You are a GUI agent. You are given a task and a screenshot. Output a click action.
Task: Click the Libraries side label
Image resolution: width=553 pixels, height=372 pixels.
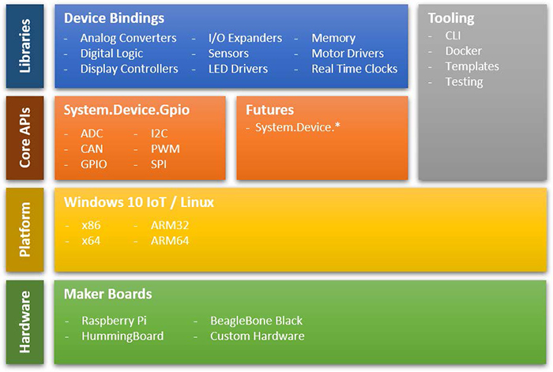24,47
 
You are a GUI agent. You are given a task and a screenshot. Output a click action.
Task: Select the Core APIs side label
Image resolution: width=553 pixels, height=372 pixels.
24,139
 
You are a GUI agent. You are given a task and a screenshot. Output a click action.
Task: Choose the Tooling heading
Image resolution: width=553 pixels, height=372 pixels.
450,17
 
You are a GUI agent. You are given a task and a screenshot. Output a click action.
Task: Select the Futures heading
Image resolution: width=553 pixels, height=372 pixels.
269,110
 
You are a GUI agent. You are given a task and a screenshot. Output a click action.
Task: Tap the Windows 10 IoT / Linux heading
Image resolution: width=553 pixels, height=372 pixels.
138,202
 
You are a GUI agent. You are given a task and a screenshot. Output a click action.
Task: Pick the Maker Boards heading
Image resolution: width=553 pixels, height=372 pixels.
107,294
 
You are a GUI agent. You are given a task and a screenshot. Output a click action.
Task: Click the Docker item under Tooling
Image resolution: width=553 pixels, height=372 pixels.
463,51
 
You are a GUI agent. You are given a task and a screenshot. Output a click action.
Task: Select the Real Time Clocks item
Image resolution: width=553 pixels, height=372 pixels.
355,69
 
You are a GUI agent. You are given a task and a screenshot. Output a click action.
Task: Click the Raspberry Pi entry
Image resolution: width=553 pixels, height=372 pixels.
114,321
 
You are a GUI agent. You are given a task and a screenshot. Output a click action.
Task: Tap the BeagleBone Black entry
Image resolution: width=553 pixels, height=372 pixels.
256,321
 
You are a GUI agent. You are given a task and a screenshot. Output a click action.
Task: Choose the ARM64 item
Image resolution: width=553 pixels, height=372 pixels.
170,240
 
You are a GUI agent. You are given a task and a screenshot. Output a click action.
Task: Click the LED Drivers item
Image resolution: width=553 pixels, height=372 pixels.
238,69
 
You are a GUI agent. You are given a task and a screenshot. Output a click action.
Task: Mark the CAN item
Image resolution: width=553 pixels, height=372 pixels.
92,148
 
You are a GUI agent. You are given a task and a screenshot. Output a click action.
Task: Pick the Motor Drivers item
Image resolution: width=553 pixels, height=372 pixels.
348,54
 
